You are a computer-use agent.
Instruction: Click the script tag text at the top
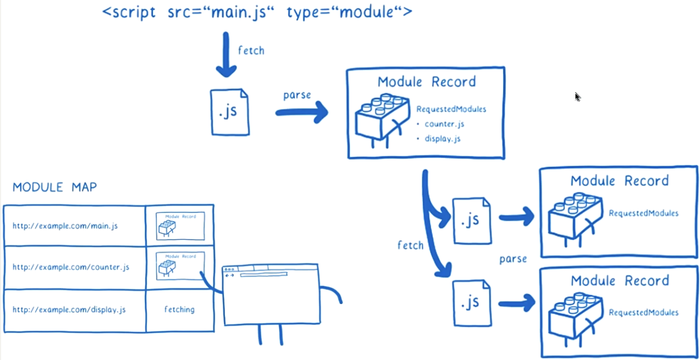point(257,12)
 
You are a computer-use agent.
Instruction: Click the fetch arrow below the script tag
point(226,55)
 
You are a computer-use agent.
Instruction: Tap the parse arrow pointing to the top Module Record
point(302,113)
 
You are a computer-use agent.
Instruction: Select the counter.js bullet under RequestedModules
point(444,124)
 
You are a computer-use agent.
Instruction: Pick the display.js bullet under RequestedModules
point(442,139)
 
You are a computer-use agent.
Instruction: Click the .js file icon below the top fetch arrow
point(230,112)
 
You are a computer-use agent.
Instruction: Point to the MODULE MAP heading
point(54,187)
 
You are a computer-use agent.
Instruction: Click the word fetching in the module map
point(179,310)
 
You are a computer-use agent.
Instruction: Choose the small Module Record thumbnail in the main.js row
point(180,226)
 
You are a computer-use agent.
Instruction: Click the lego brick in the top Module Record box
point(382,117)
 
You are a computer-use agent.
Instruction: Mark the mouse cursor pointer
point(577,97)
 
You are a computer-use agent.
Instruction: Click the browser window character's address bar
point(263,274)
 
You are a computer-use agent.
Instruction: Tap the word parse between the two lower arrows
point(513,258)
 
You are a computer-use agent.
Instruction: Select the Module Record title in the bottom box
point(620,281)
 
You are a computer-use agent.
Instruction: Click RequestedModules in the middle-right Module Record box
point(643,213)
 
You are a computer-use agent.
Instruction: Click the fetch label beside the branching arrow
point(410,245)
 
